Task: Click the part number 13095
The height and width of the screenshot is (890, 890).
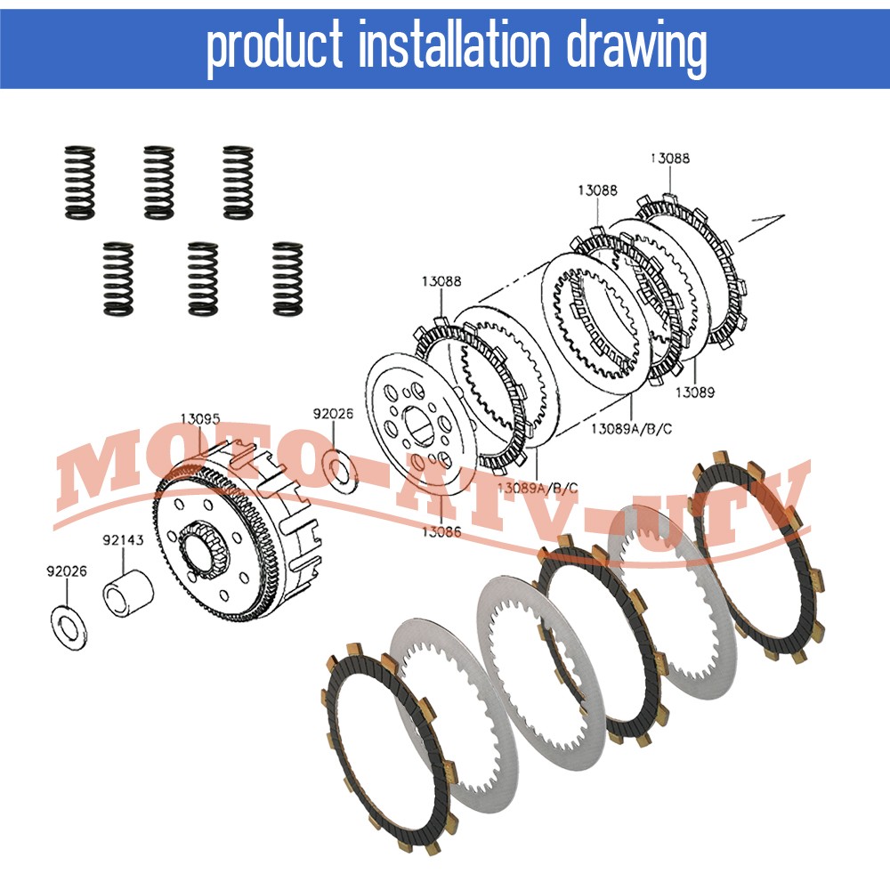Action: tap(200, 417)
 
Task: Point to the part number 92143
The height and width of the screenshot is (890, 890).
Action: tap(120, 538)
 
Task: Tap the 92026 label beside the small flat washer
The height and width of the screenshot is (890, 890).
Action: tap(334, 413)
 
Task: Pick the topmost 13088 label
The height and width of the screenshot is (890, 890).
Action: tap(669, 158)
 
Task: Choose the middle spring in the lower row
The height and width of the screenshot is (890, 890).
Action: tap(203, 278)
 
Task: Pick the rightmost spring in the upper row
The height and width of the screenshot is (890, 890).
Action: tap(238, 182)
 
